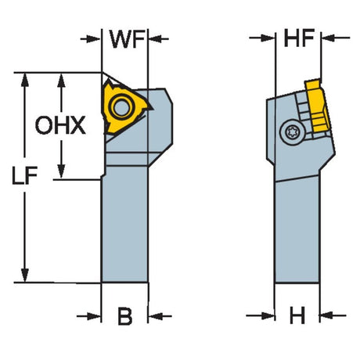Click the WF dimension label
[127, 39]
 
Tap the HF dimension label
[299, 38]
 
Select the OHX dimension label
[60, 125]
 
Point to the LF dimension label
[25, 176]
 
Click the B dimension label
[125, 316]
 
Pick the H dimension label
[297, 315]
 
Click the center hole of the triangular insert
[121, 106]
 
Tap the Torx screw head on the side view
[292, 132]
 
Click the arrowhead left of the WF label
[94, 39]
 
